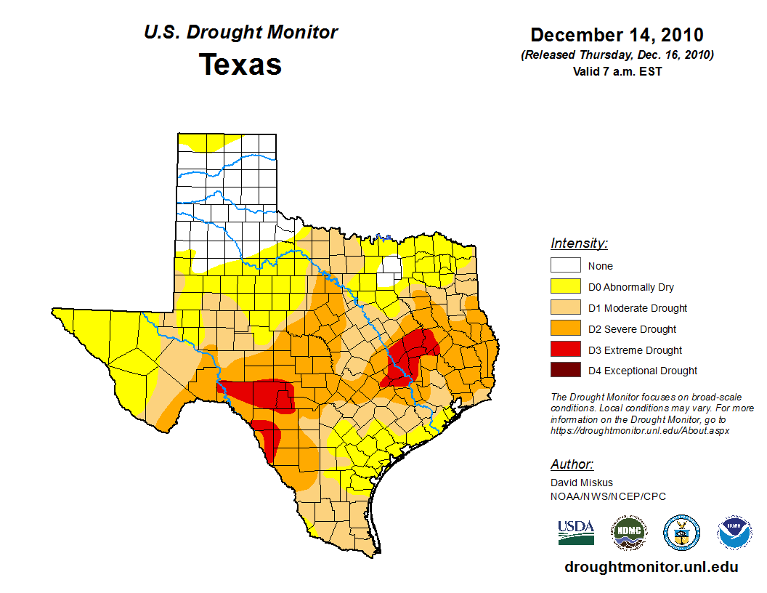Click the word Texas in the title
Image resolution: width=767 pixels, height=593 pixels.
[x=240, y=65]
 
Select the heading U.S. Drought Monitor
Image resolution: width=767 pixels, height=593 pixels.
[x=240, y=33]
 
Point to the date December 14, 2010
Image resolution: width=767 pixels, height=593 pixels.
[x=617, y=35]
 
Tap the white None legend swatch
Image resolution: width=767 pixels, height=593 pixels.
[x=565, y=266]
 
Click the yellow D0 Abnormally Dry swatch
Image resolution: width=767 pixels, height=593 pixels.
[x=565, y=287]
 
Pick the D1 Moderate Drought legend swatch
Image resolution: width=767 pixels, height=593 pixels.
[x=565, y=308]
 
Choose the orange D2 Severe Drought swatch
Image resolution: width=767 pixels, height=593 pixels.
[x=565, y=329]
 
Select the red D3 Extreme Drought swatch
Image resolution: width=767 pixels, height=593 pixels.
[x=565, y=350]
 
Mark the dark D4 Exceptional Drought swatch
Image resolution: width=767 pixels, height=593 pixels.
[x=565, y=371]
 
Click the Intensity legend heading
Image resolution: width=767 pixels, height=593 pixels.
[x=579, y=243]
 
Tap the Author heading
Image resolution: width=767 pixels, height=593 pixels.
[x=572, y=464]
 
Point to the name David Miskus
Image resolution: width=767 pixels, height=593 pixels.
[x=582, y=483]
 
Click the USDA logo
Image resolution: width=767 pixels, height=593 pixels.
[x=576, y=532]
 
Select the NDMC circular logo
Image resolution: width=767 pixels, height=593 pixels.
[x=628, y=533]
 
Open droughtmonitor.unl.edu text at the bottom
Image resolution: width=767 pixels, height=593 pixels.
[x=651, y=568]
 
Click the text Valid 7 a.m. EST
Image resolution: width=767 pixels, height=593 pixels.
[x=617, y=71]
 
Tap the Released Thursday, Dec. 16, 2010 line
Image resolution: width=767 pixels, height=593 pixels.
[x=617, y=55]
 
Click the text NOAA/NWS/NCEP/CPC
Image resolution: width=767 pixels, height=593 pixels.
[x=608, y=496]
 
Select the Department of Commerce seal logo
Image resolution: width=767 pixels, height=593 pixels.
[x=681, y=533]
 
